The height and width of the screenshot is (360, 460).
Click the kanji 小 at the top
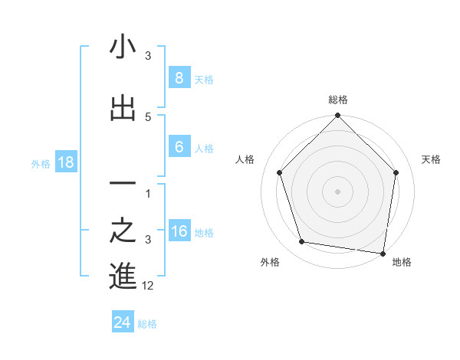coord(123,47)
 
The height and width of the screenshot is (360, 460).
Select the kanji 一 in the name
coord(123,184)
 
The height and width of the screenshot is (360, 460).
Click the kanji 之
coord(123,231)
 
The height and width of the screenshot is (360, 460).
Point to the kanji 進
coord(123,277)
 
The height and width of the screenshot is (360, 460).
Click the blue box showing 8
coord(179,78)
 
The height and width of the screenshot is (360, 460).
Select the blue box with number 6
coord(179,147)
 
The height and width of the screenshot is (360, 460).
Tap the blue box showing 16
coord(179,231)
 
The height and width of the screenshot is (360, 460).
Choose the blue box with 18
coord(65,162)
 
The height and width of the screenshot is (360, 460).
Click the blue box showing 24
coord(123,322)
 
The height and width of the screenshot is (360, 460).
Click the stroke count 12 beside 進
coord(148,286)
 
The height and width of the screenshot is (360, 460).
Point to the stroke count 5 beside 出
coord(148,116)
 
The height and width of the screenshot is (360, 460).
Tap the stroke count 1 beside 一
coord(148,194)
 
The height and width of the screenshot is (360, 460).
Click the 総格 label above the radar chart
coord(338,100)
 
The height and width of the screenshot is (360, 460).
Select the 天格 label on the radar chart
coord(432,159)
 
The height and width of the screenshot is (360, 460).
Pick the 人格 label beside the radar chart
coord(245,159)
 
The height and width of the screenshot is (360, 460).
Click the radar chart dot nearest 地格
coord(383,253)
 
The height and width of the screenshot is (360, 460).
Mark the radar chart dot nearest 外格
coord(302,242)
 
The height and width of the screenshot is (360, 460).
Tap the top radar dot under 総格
coord(338,116)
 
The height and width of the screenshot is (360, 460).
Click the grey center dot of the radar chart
coord(338,191)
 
